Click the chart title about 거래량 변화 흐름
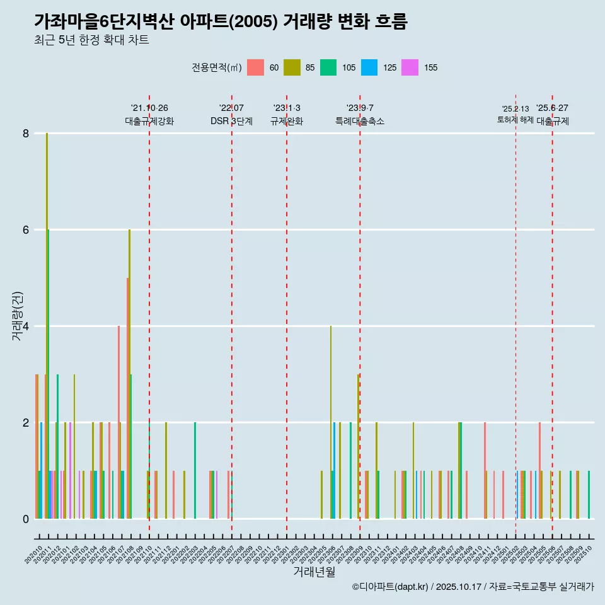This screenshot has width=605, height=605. [x=221, y=22]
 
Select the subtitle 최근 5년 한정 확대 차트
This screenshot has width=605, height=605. [x=91, y=41]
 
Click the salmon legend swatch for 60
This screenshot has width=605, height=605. [x=255, y=67]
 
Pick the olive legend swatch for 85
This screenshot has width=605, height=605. [x=292, y=67]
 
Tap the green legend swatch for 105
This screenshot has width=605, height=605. [x=328, y=67]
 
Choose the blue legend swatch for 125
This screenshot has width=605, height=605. [x=369, y=67]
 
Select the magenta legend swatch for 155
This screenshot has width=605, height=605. [x=410, y=67]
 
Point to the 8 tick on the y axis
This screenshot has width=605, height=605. [x=26, y=134]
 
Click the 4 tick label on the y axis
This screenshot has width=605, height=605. [x=26, y=326]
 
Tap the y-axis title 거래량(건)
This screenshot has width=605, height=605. [x=17, y=316]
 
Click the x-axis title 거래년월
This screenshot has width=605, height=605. [x=314, y=572]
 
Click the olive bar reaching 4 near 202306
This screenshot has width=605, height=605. [x=331, y=422]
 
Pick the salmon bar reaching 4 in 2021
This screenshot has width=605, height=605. [x=118, y=422]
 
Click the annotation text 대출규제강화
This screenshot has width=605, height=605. [x=149, y=122]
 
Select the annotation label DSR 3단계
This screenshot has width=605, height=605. [x=231, y=122]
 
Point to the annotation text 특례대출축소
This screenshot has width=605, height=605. [x=359, y=122]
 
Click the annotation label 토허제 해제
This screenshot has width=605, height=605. [x=515, y=120]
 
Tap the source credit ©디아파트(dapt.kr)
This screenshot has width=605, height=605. [x=391, y=587]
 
